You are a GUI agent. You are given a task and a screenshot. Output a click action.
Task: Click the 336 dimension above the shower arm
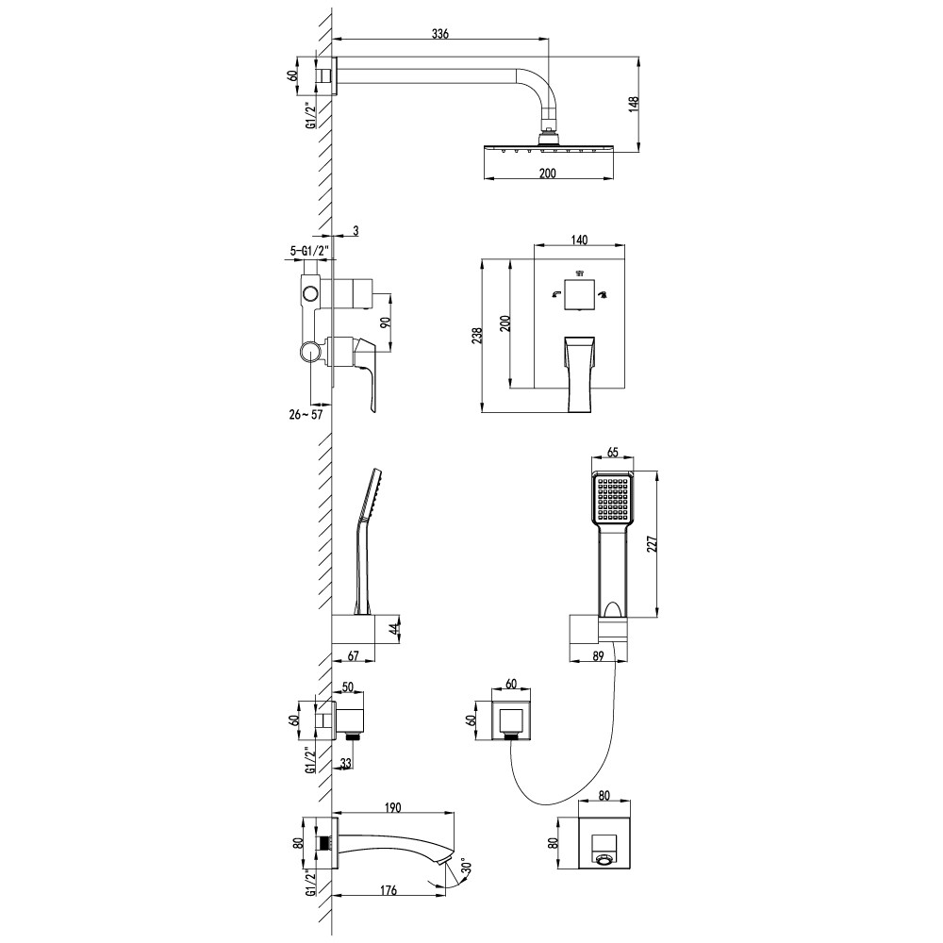click(x=439, y=34)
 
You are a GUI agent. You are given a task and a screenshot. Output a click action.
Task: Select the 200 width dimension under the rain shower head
click(x=547, y=173)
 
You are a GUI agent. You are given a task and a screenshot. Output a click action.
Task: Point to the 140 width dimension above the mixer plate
click(x=579, y=240)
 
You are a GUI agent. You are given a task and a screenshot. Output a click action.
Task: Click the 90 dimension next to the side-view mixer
click(x=385, y=322)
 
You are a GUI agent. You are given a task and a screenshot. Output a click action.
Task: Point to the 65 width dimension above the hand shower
click(x=612, y=453)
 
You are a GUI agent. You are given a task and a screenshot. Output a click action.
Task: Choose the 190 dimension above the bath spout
click(x=393, y=807)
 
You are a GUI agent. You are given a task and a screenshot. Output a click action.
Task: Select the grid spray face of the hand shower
click(x=611, y=500)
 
